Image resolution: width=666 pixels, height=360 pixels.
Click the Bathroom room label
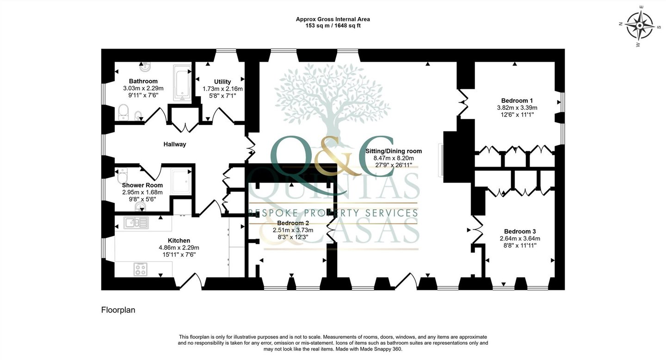click(x=143, y=81)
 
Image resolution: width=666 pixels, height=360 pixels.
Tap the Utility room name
click(x=222, y=81)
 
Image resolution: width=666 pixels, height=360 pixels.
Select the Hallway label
click(x=175, y=144)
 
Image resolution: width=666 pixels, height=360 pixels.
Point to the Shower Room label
click(x=142, y=185)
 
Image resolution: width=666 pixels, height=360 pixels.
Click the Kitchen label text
click(x=179, y=241)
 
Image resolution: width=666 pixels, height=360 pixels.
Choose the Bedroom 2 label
click(x=293, y=223)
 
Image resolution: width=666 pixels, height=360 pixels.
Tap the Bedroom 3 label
click(x=520, y=231)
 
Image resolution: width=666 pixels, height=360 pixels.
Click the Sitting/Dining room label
click(x=394, y=151)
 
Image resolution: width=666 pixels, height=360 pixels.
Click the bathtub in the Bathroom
click(x=182, y=84)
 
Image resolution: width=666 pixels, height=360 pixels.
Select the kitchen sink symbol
click(x=136, y=223)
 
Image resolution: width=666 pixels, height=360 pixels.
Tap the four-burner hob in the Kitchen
click(x=140, y=270)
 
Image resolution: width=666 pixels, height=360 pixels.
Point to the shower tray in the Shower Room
click(x=181, y=181)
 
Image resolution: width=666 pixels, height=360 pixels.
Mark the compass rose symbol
click(x=640, y=25)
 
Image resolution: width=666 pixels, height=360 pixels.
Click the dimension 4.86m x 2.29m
click(x=179, y=248)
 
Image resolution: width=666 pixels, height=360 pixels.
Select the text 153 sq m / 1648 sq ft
click(x=333, y=25)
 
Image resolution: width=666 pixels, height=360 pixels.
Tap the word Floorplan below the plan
click(x=118, y=310)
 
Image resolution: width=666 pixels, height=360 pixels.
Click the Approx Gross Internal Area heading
click(x=333, y=19)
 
